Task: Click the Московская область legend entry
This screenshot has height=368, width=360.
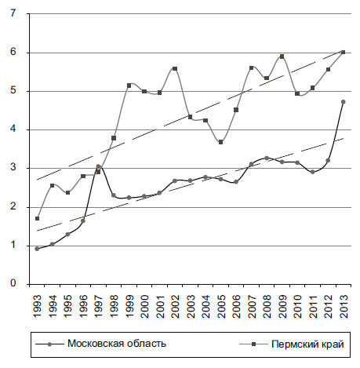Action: tap(101, 344)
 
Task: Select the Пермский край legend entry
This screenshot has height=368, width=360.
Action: tap(292, 344)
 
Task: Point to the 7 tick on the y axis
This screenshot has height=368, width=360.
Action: tap(13, 13)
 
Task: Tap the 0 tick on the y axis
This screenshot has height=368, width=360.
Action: tap(13, 284)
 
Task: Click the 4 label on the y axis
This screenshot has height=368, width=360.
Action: tap(13, 129)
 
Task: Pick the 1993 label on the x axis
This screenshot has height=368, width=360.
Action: tap(38, 306)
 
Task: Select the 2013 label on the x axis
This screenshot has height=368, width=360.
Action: tap(344, 306)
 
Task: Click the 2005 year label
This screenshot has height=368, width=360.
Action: tap(221, 306)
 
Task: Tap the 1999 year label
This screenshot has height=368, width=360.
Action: tap(129, 306)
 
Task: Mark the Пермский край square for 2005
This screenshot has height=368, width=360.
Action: tap(220, 142)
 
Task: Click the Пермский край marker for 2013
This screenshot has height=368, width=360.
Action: tap(344, 53)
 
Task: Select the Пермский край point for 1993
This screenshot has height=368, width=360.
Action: tap(37, 218)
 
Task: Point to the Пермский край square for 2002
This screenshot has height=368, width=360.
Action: tap(175, 68)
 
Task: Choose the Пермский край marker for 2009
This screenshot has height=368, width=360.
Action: tap(282, 56)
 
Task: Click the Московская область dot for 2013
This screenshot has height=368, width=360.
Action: tap(344, 102)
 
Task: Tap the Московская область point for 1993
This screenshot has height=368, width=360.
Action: tap(37, 249)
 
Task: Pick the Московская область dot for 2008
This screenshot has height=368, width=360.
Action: tap(267, 158)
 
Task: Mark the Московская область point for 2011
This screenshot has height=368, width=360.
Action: tap(313, 172)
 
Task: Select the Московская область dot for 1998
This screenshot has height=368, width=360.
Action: tap(114, 195)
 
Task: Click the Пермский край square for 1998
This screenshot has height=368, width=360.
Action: tap(114, 138)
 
